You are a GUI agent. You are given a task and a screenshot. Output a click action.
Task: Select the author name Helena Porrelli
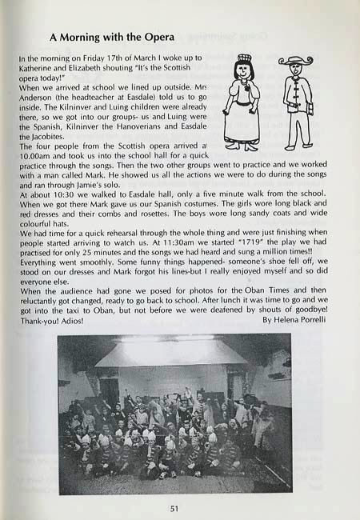(295, 321)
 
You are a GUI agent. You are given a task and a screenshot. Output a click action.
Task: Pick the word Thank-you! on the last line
(36, 321)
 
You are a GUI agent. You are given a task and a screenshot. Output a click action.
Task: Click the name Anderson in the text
(39, 98)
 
